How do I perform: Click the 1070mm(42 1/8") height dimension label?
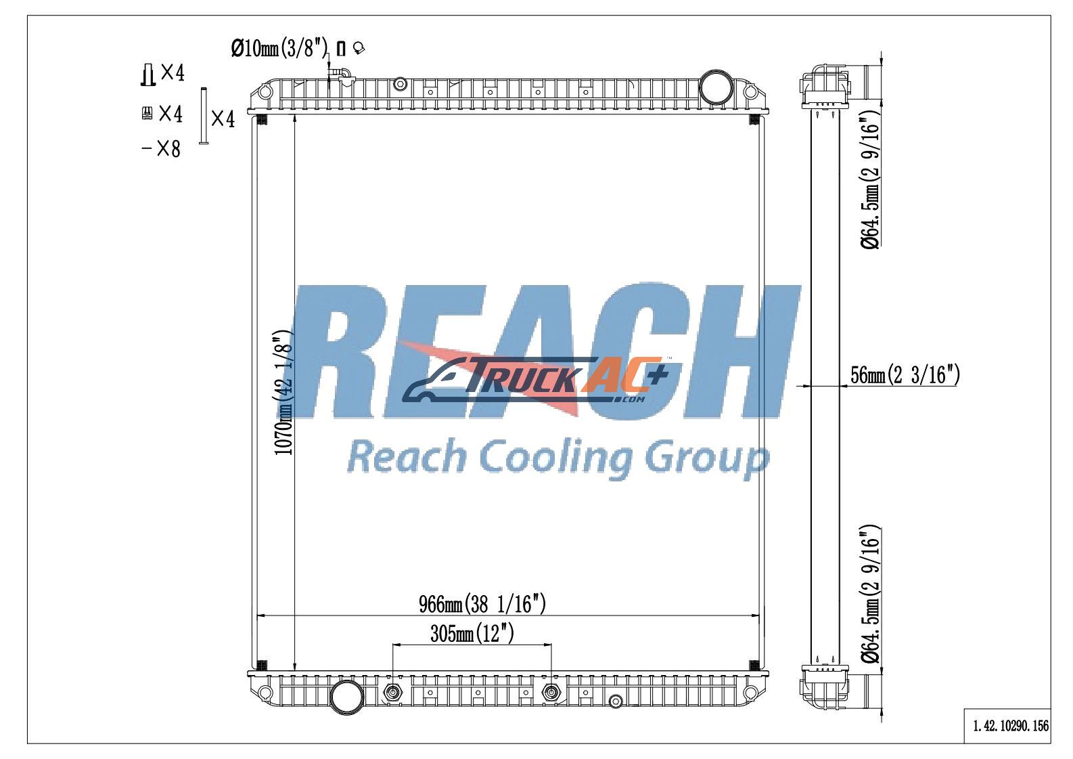(x=283, y=392)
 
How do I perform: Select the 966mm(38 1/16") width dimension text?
(x=482, y=604)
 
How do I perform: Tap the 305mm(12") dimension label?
(x=472, y=634)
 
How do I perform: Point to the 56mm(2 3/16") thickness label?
(x=905, y=374)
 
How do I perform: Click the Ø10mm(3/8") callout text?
(x=279, y=48)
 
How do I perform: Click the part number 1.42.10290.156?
(x=1011, y=726)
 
